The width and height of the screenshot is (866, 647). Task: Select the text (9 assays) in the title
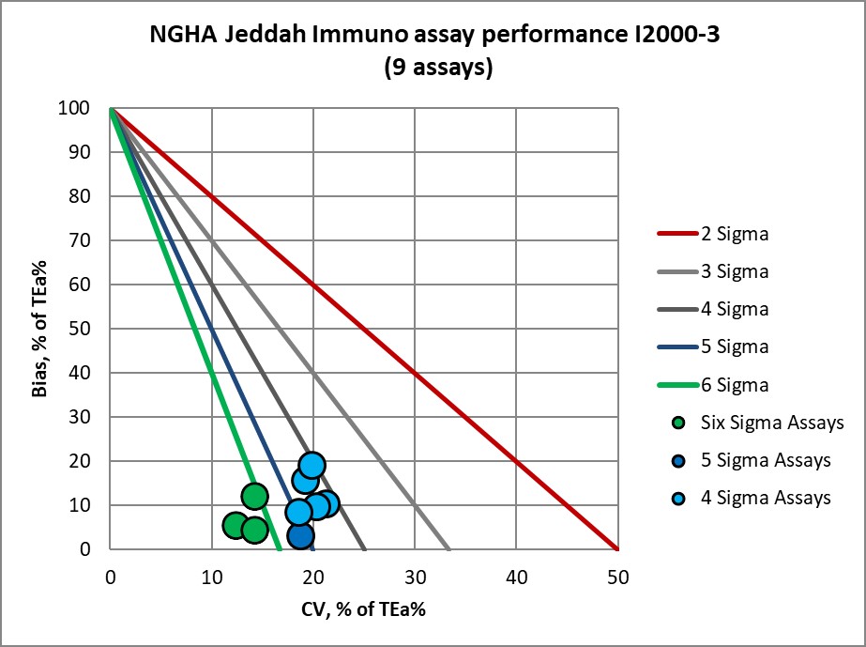(x=439, y=69)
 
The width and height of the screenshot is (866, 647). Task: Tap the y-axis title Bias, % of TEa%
(x=38, y=330)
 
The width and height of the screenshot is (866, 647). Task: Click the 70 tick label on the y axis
(x=91, y=241)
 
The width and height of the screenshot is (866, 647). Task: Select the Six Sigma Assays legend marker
(x=679, y=423)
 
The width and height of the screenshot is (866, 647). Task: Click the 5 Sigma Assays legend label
(x=765, y=460)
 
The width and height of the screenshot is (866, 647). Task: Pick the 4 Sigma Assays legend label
(x=765, y=498)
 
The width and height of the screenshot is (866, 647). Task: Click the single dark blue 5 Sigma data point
(x=300, y=536)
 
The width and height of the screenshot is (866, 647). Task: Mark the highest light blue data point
(x=312, y=465)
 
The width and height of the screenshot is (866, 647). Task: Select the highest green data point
(x=254, y=496)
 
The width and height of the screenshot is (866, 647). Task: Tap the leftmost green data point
(x=235, y=525)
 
